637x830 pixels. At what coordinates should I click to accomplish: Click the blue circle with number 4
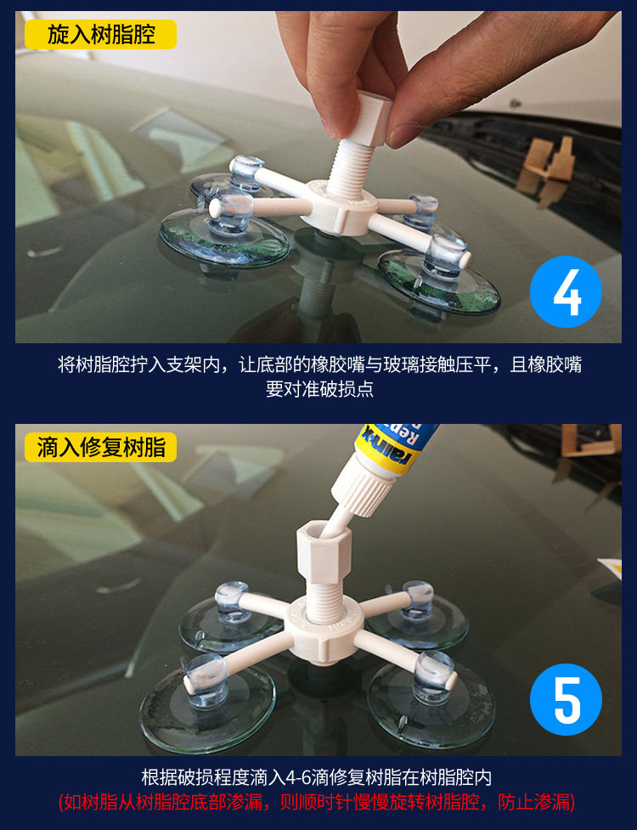tap(566, 291)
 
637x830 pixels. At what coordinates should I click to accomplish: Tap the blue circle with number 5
tap(566, 699)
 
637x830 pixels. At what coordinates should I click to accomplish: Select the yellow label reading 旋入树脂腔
tap(100, 35)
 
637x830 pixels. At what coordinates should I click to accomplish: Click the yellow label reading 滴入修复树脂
tap(100, 447)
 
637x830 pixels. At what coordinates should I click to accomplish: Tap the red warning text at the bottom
tap(317, 802)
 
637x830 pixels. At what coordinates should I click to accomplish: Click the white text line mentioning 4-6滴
tap(317, 777)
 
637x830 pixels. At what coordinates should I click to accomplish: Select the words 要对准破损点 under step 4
tap(319, 389)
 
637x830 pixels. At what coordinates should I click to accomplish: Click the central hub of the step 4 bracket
tap(343, 209)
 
